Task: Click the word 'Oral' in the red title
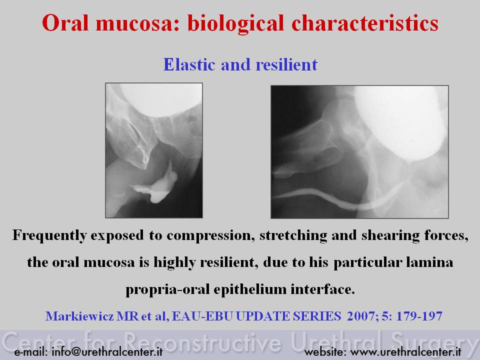click(65, 23)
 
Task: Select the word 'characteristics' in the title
click(365, 23)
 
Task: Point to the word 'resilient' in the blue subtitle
click(286, 64)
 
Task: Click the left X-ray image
click(154, 150)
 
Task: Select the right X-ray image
click(359, 152)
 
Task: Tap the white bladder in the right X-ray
click(399, 121)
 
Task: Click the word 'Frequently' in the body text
click(49, 236)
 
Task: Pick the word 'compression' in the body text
click(210, 236)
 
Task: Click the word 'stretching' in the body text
click(293, 236)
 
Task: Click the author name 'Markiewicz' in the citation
click(79, 316)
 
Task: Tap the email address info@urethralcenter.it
click(107, 351)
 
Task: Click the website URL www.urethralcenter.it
click(405, 351)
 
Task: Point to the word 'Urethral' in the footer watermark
click(337, 341)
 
